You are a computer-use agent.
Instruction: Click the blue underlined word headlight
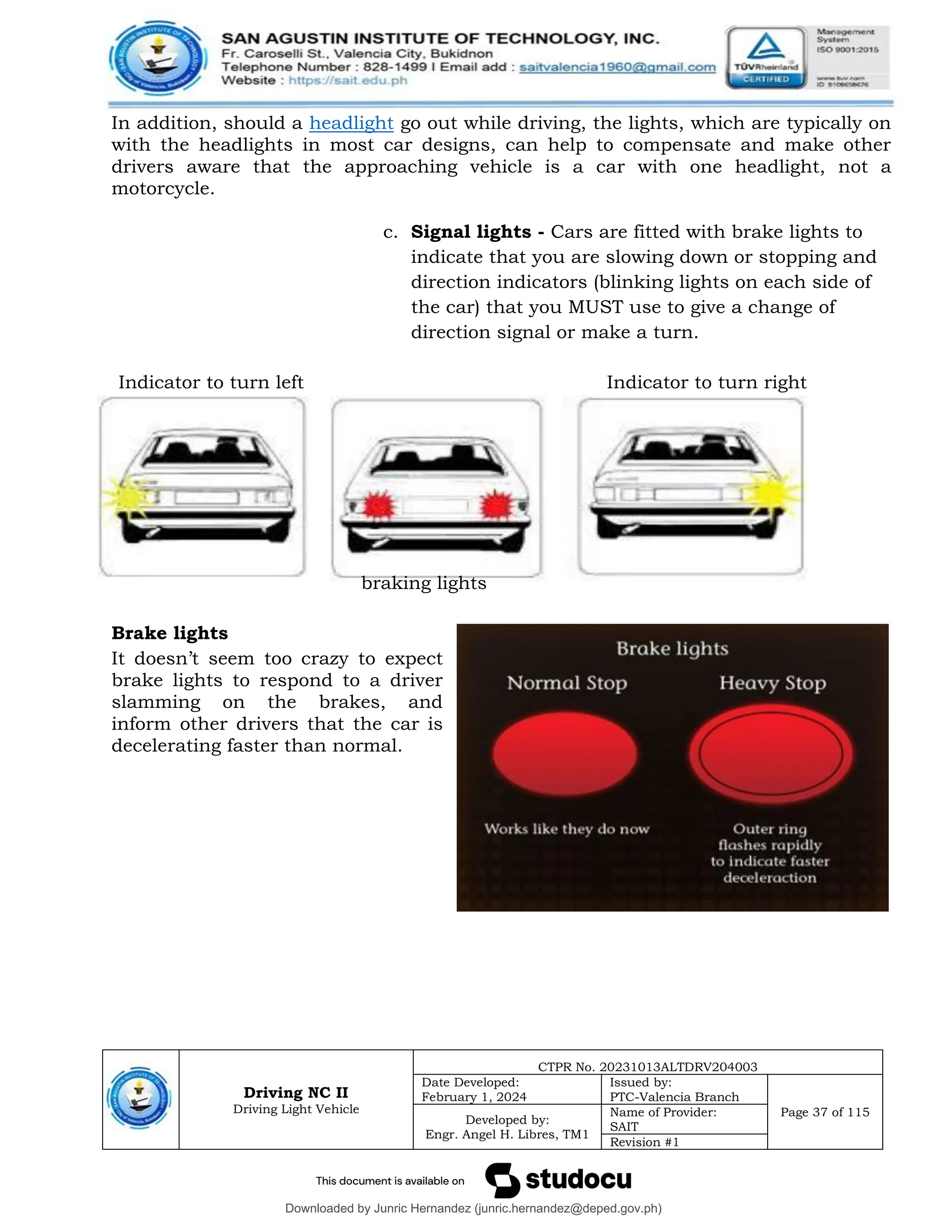[351, 123]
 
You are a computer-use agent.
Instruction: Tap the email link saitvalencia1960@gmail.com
[617, 68]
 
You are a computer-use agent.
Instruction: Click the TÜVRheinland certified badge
[766, 58]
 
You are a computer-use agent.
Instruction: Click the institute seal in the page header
[157, 58]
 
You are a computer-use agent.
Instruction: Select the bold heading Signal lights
[471, 232]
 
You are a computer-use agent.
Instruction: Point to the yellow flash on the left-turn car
[128, 495]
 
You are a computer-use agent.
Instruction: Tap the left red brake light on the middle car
[377, 505]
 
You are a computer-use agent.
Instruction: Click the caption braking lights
[424, 583]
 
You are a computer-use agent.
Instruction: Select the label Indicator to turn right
[706, 382]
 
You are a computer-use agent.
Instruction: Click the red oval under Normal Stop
[565, 753]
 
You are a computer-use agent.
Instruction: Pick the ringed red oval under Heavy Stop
[770, 753]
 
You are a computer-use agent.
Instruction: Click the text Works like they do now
[566, 829]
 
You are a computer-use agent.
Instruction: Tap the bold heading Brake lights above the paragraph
[169, 633]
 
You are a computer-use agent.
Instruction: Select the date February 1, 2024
[474, 1097]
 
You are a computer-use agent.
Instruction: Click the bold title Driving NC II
[295, 1092]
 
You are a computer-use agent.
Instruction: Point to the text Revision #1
[644, 1142]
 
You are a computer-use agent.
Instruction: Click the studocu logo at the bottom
[558, 1180]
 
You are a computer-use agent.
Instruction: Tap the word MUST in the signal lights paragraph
[595, 307]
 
